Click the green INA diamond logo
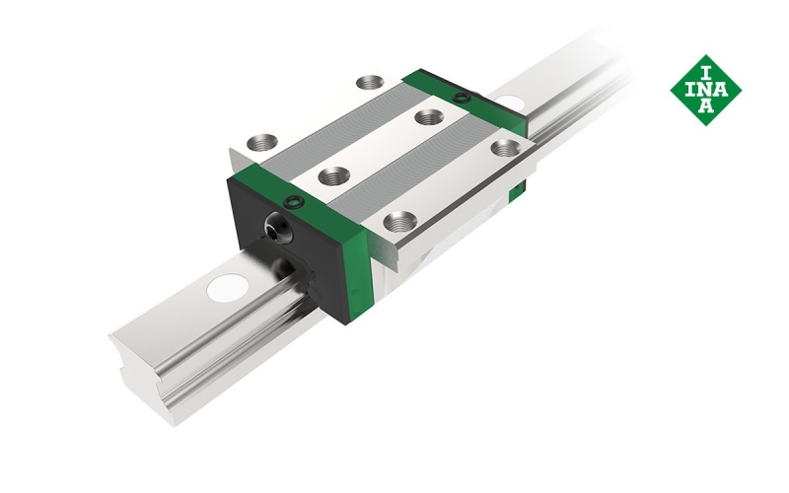pyautogui.click(x=705, y=90)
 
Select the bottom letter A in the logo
pyautogui.click(x=706, y=106)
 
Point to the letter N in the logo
pyautogui.click(x=705, y=90)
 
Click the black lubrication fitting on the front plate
pyautogui.click(x=276, y=229)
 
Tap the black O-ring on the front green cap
pyautogui.click(x=294, y=202)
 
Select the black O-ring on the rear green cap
pyautogui.click(x=461, y=97)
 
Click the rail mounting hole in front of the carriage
pyautogui.click(x=228, y=288)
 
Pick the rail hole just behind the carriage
pyautogui.click(x=510, y=103)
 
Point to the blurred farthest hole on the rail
pyautogui.click(x=607, y=38)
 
